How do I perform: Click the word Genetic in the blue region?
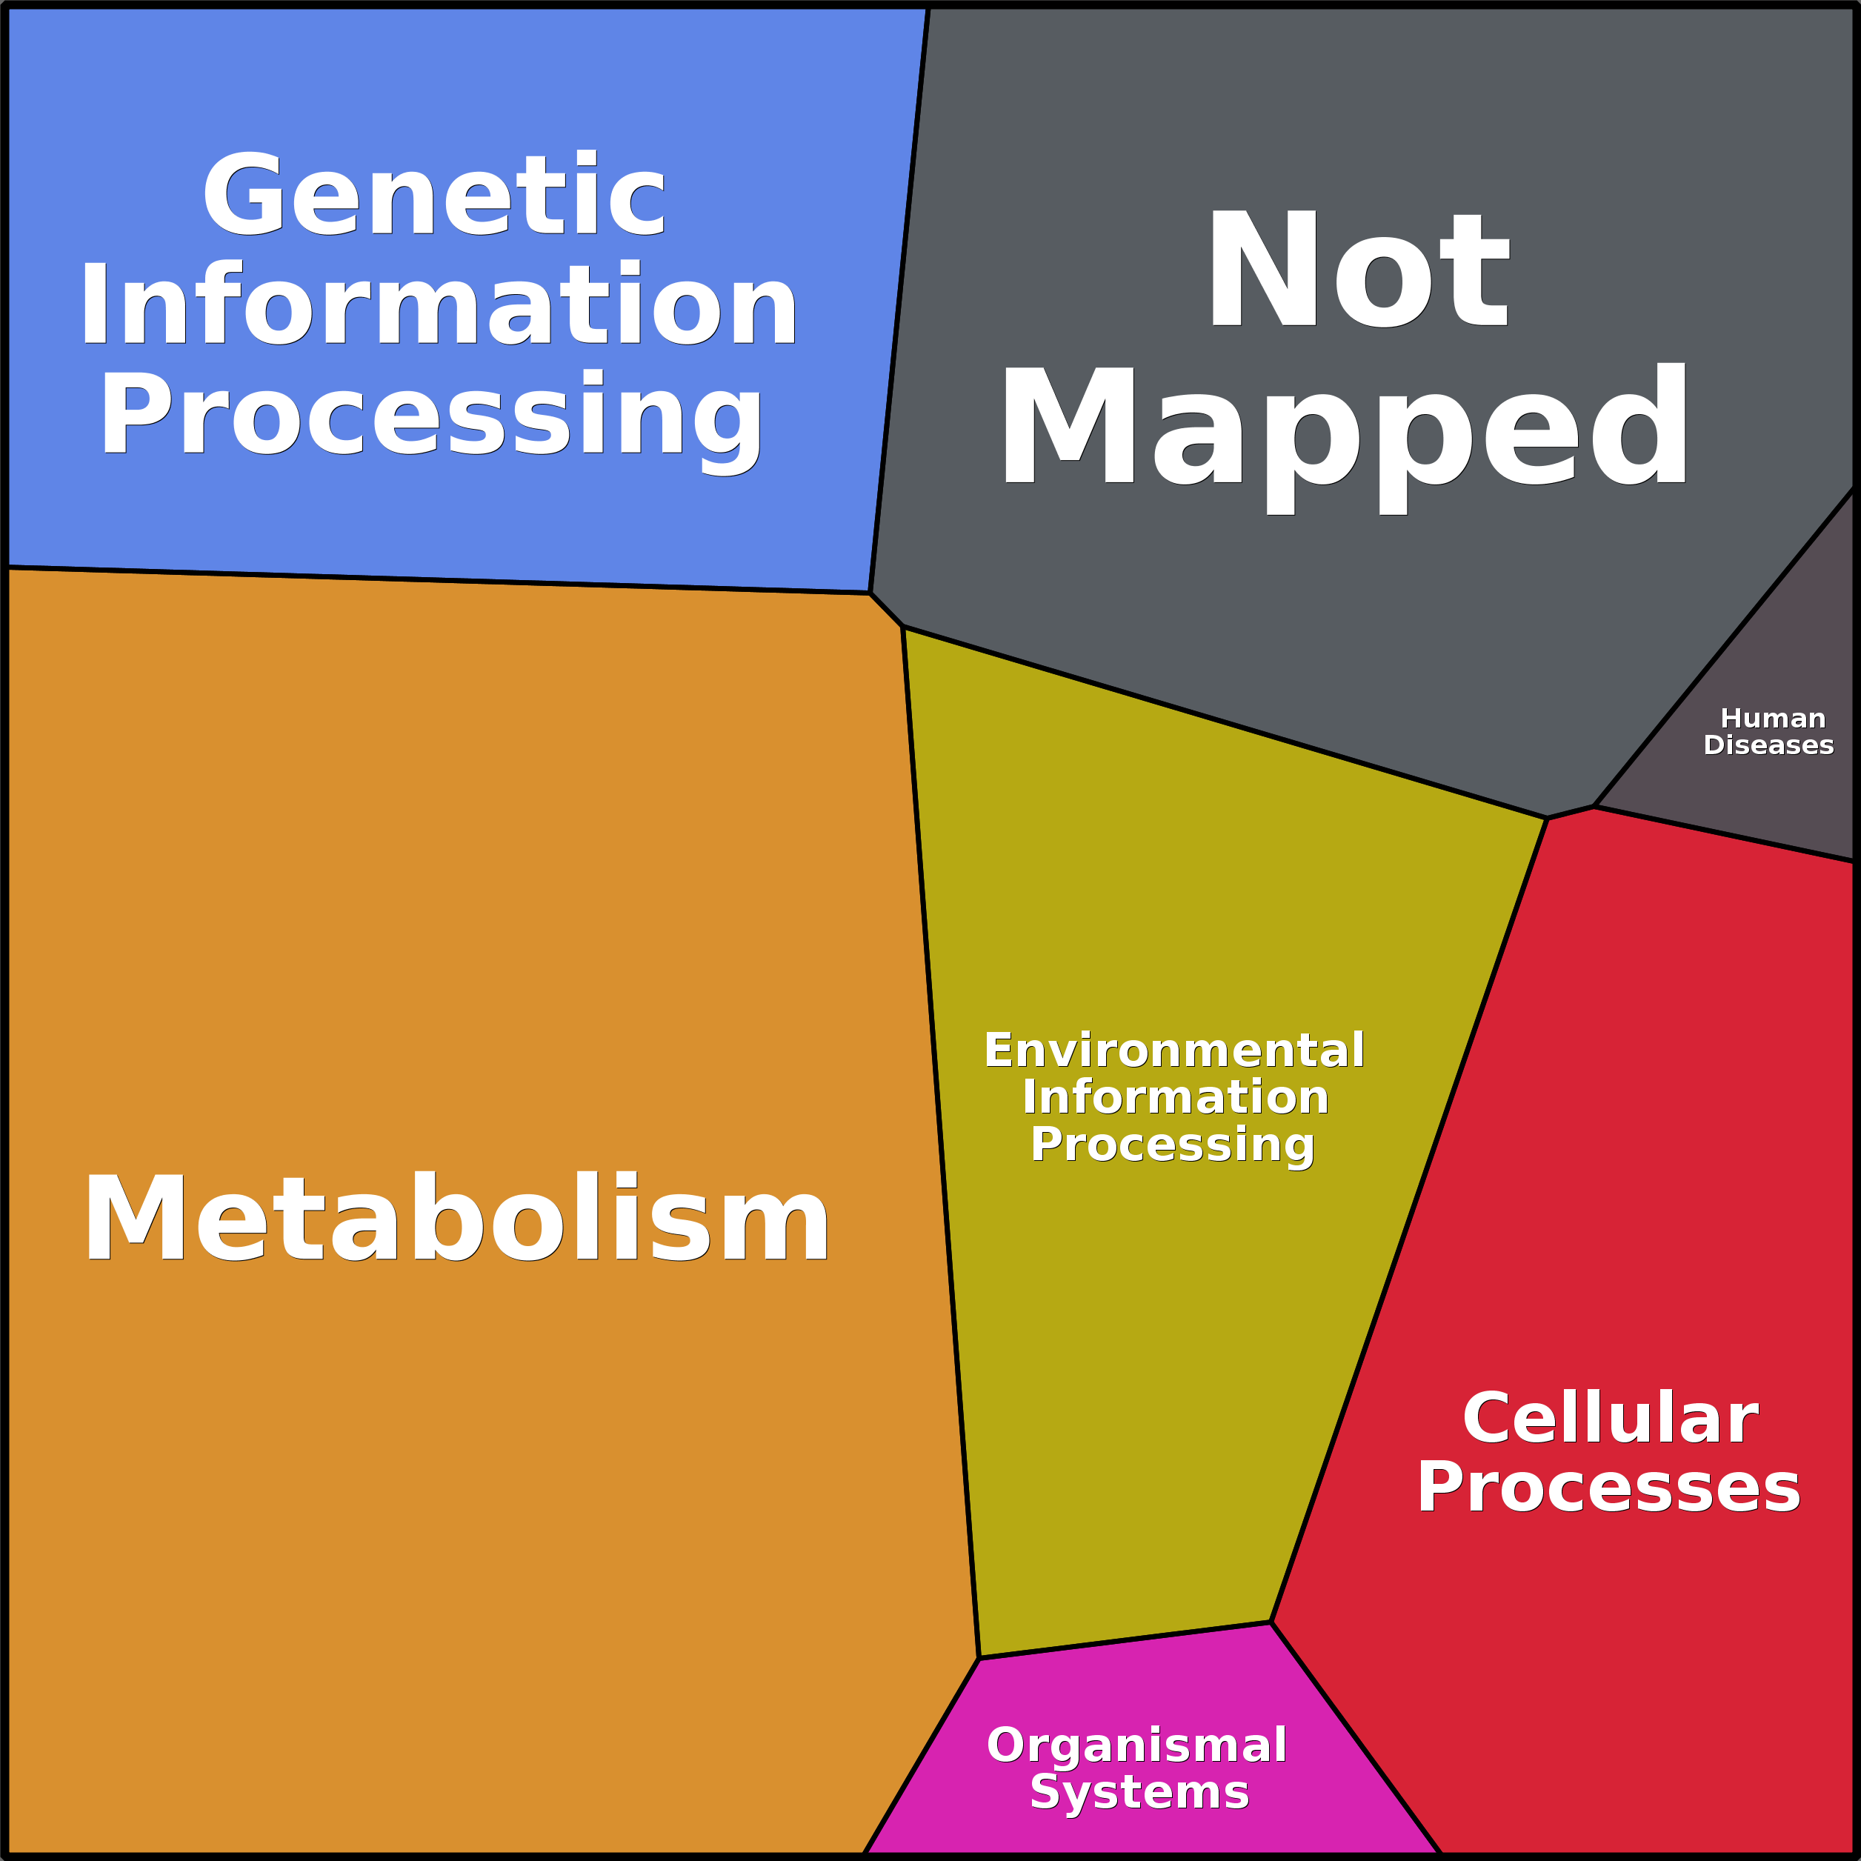[x=433, y=193]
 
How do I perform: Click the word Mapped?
[x=1345, y=439]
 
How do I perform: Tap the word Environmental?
[x=1174, y=1050]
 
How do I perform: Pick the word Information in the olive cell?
[x=1175, y=1097]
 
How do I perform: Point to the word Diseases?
[x=1768, y=745]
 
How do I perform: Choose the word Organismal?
[x=1136, y=1745]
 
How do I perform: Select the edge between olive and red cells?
[x=1408, y=1219]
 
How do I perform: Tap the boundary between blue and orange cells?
[x=439, y=580]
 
